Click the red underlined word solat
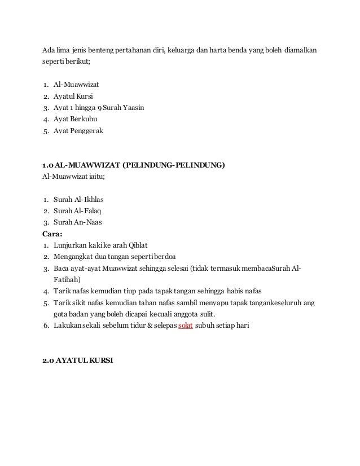point(186,326)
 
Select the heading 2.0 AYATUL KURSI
point(78,361)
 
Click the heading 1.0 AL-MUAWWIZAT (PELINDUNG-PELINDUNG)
point(133,165)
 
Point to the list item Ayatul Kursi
point(73,96)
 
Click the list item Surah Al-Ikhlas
point(79,200)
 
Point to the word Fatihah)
point(67,279)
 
